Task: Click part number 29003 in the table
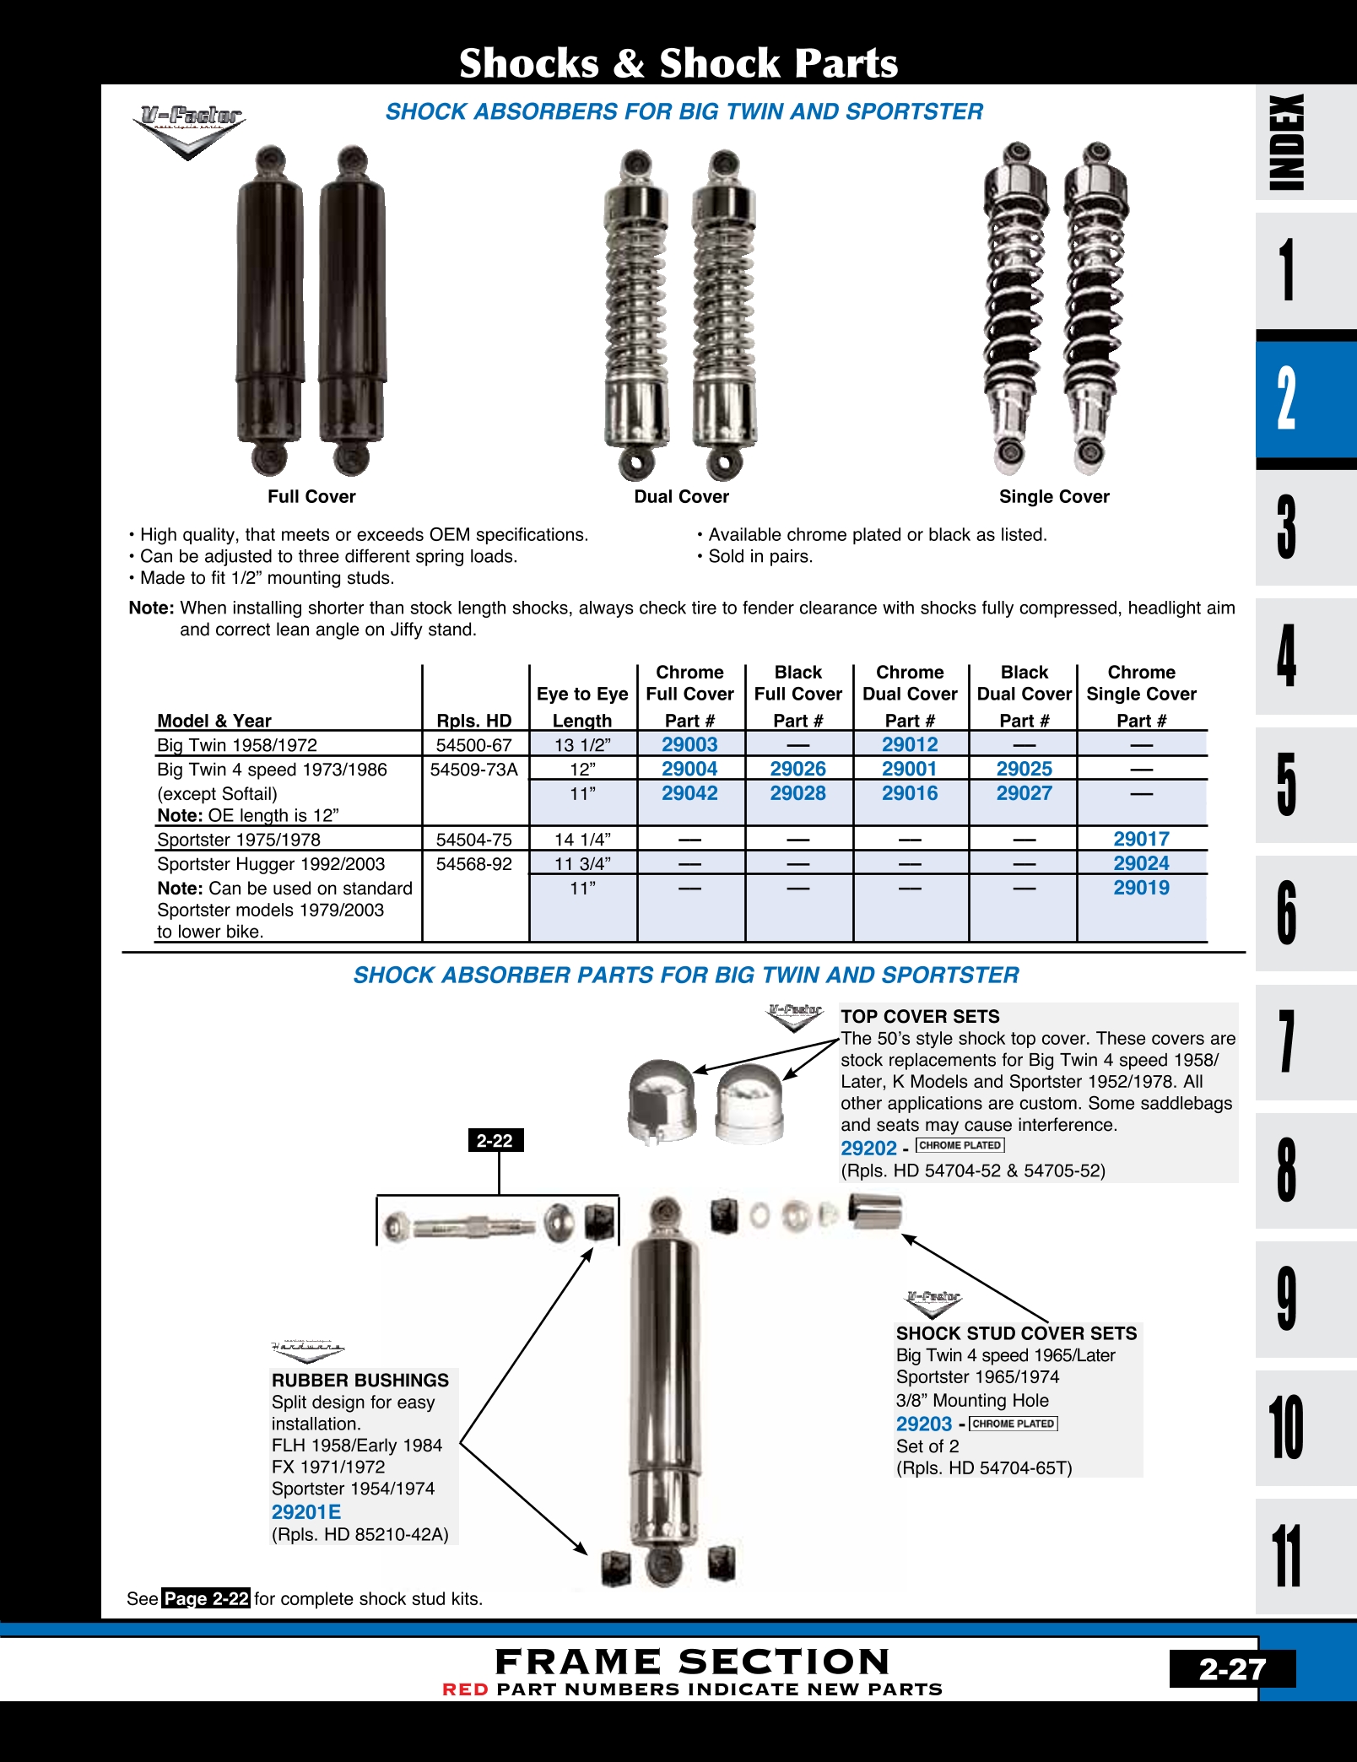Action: pyautogui.click(x=689, y=744)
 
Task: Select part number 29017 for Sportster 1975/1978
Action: pyautogui.click(x=1141, y=839)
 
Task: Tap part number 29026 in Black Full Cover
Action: pyautogui.click(x=797, y=769)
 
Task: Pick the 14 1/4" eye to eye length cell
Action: pyautogui.click(x=582, y=840)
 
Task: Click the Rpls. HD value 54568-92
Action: pyautogui.click(x=474, y=864)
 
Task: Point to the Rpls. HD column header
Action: pyautogui.click(x=474, y=721)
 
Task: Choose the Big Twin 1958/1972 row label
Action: pyautogui.click(x=237, y=745)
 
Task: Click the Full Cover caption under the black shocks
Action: pyautogui.click(x=311, y=497)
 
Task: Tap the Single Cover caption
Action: pyautogui.click(x=1054, y=497)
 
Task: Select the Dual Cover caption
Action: pyautogui.click(x=681, y=497)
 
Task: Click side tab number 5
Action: pyautogui.click(x=1287, y=785)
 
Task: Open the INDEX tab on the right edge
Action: pyautogui.click(x=1287, y=142)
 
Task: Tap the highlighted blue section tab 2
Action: pyautogui.click(x=1287, y=398)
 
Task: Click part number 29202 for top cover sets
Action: pyautogui.click(x=868, y=1148)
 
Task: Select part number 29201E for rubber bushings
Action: pyautogui.click(x=306, y=1512)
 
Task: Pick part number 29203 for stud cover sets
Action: pyautogui.click(x=924, y=1424)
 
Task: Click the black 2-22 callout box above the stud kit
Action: pyautogui.click(x=495, y=1141)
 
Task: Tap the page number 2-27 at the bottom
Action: pyautogui.click(x=1231, y=1669)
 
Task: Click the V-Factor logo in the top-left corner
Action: pyautogui.click(x=190, y=129)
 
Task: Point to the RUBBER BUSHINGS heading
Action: pyautogui.click(x=360, y=1381)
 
